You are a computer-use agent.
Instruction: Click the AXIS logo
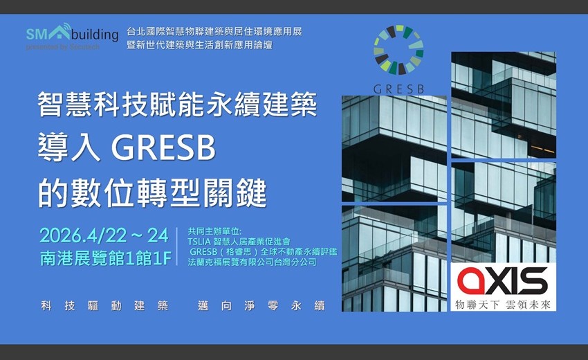(x=502, y=281)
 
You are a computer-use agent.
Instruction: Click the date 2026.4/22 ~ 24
(x=104, y=235)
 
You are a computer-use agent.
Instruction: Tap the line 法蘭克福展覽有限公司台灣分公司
(x=252, y=262)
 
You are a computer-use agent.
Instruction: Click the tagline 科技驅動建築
(x=104, y=305)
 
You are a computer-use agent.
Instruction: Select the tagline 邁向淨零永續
(x=261, y=305)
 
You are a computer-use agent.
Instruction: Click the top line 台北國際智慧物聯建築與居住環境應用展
(x=214, y=32)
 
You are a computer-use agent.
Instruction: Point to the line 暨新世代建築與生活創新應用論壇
(x=199, y=45)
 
